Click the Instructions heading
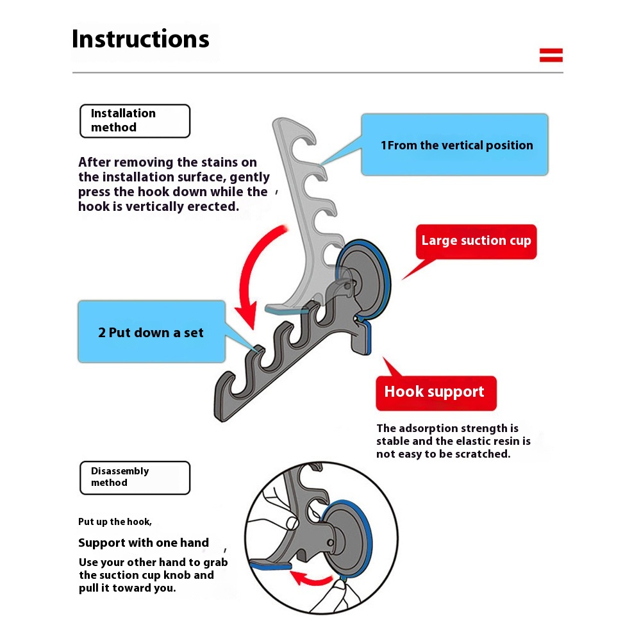[x=140, y=39]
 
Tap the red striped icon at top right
[x=551, y=55]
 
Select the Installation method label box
[x=135, y=121]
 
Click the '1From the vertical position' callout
[x=455, y=145]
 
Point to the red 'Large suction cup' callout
[x=476, y=241]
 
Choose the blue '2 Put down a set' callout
[x=151, y=332]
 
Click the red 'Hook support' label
[x=435, y=392]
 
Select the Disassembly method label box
[x=135, y=477]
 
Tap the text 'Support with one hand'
[x=144, y=543]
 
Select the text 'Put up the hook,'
[x=115, y=522]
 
